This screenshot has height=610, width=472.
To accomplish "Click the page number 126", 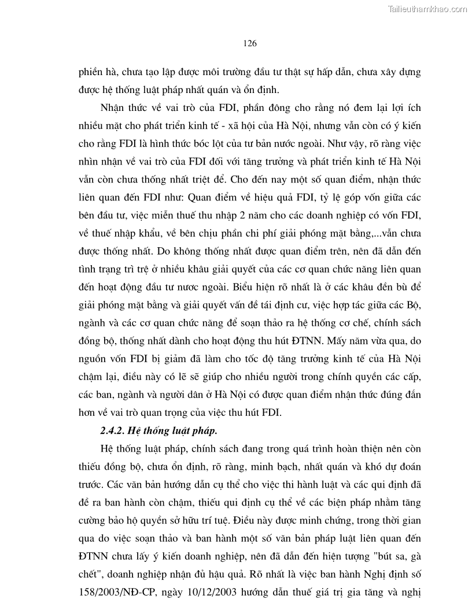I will tap(250, 43).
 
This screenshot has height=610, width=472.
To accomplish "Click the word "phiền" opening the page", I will tap(90, 73).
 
